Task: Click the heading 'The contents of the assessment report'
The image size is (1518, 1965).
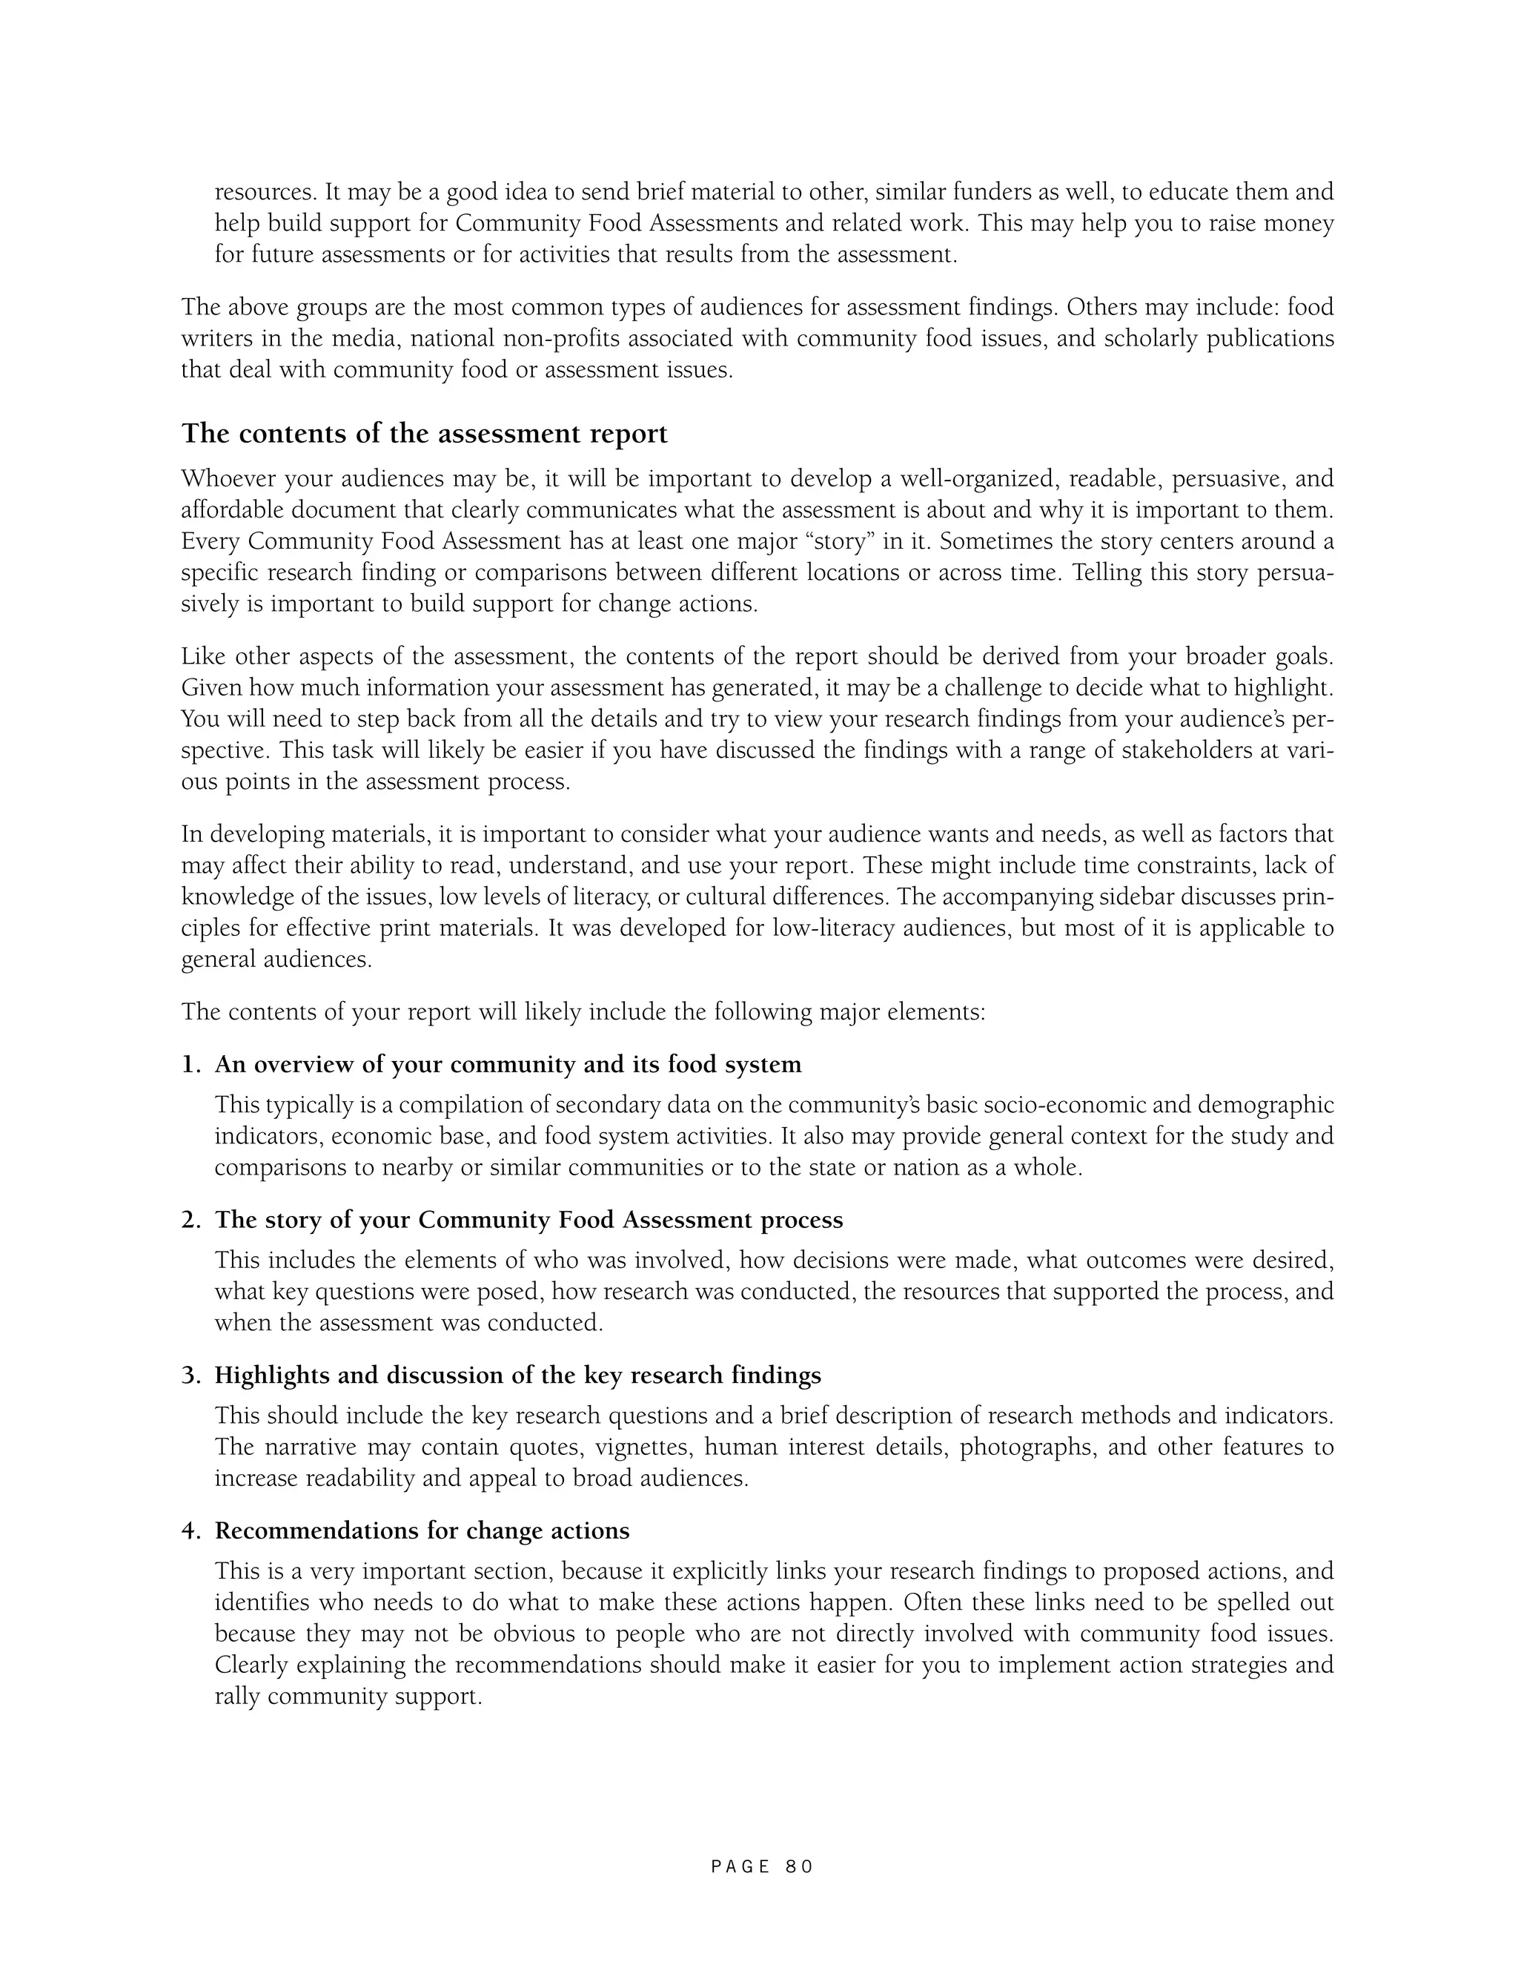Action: tap(425, 434)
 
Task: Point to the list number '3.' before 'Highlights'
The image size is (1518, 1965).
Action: tap(191, 1375)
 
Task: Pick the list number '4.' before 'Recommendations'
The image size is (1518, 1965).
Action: tap(191, 1531)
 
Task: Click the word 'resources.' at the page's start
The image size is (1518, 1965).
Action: tap(265, 193)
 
